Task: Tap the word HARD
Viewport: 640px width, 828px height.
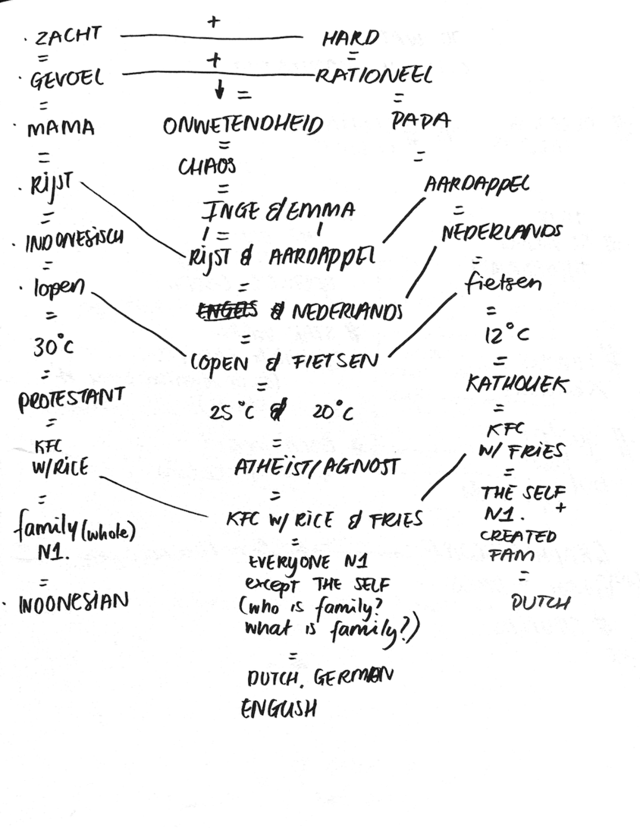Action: click(x=350, y=39)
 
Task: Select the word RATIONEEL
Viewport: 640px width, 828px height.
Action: click(x=375, y=75)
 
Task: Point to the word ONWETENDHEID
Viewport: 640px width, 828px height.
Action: click(x=243, y=126)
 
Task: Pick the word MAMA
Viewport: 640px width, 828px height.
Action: click(x=61, y=129)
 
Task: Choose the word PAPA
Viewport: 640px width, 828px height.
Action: click(x=421, y=121)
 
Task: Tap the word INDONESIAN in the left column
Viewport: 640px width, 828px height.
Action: click(x=73, y=603)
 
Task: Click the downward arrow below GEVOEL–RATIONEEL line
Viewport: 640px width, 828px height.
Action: click(x=220, y=90)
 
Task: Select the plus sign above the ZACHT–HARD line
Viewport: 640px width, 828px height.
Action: click(x=213, y=22)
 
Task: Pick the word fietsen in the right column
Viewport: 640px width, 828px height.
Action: click(x=504, y=285)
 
